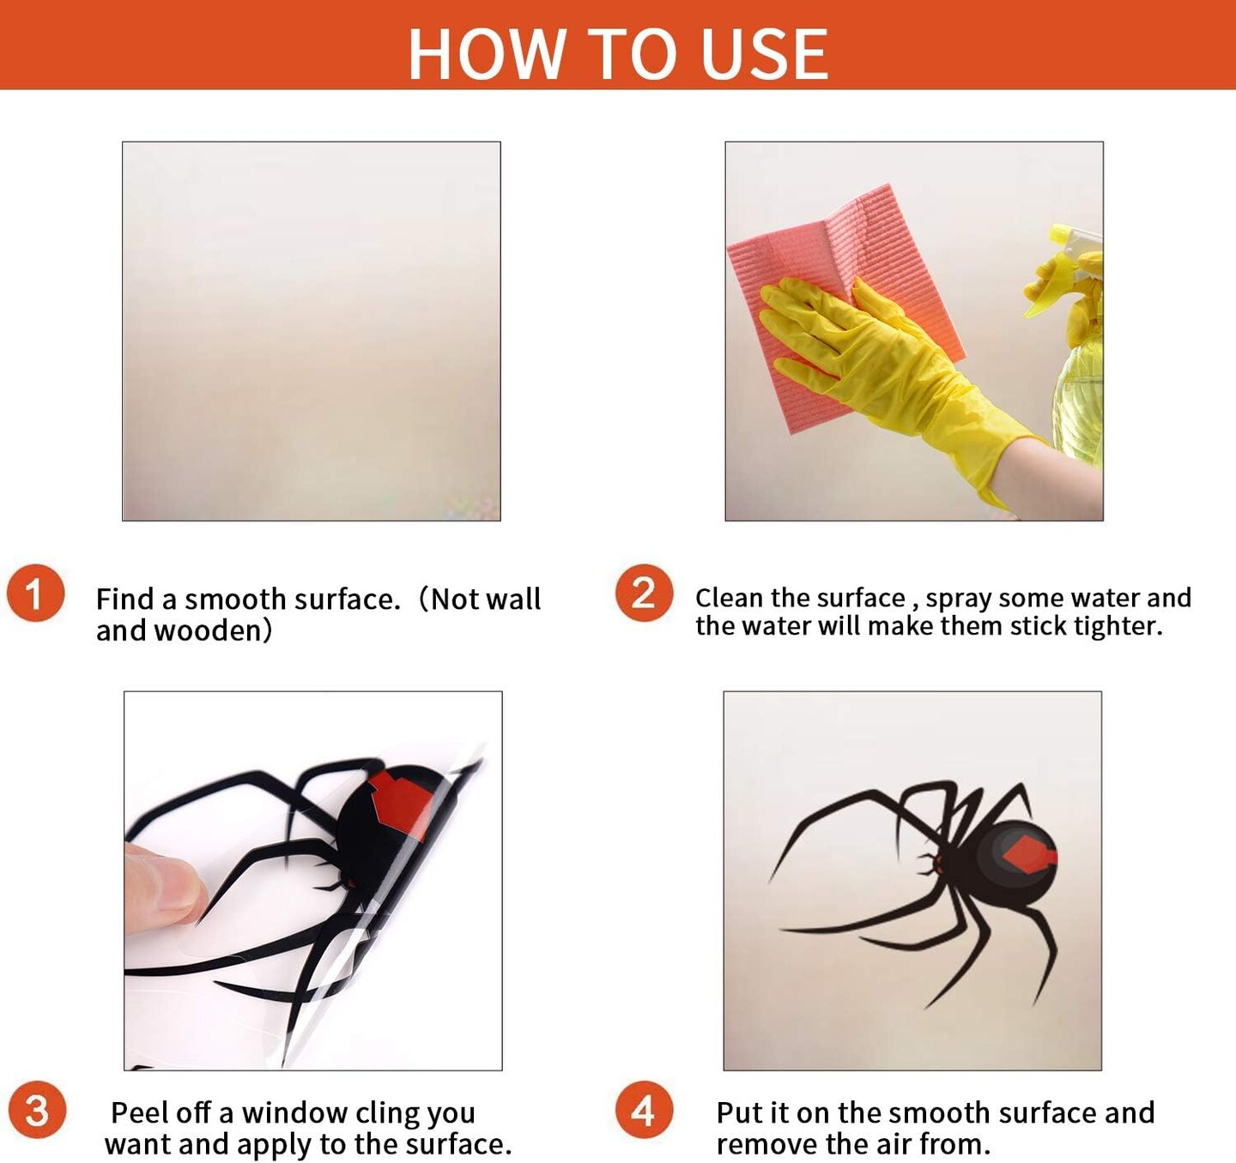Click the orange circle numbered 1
click(35, 593)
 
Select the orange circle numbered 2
click(644, 593)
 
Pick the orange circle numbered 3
click(37, 1110)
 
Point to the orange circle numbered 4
click(644, 1110)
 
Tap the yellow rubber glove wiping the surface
click(884, 367)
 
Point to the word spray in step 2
click(958, 600)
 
